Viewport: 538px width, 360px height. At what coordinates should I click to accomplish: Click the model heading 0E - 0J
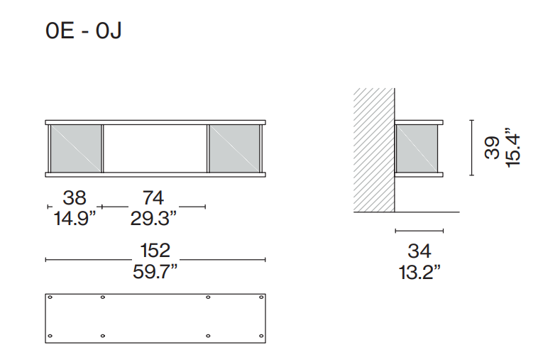click(83, 31)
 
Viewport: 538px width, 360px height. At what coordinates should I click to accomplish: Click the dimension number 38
click(75, 197)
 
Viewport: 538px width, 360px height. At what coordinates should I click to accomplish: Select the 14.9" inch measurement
click(75, 217)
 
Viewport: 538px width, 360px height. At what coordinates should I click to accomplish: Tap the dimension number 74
click(153, 197)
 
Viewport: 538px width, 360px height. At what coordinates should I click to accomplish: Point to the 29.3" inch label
click(153, 217)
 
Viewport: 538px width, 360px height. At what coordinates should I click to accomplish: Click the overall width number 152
click(155, 250)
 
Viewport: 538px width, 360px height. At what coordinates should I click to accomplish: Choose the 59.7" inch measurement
click(155, 271)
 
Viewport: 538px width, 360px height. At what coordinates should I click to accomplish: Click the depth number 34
click(419, 251)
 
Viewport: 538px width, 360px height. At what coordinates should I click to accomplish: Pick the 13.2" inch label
click(419, 272)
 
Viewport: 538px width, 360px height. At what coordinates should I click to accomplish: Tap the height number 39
click(492, 148)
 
